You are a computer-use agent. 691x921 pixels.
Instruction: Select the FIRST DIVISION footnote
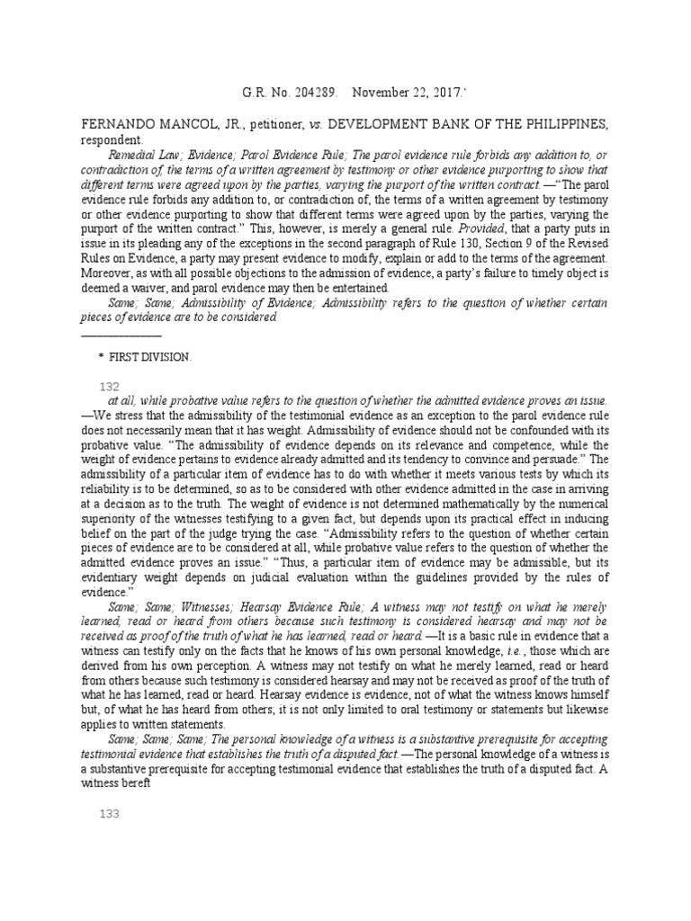point(150,357)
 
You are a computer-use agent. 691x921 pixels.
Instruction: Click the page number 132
point(108,385)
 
